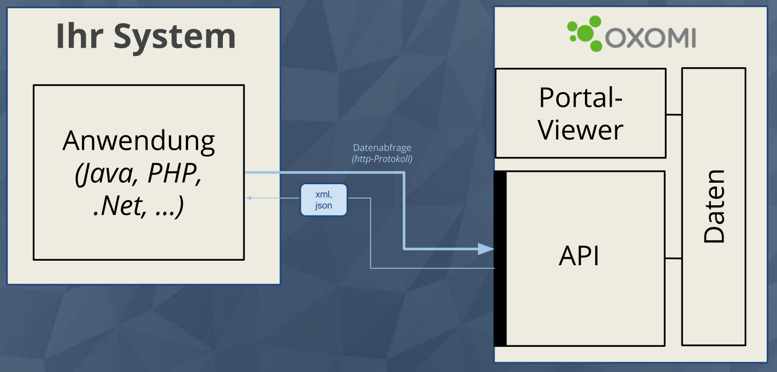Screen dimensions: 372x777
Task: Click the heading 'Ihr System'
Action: tap(145, 36)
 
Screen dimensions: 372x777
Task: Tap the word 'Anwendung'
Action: tap(139, 141)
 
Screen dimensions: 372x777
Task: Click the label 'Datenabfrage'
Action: tap(382, 148)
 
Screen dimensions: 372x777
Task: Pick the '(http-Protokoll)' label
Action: tap(382, 159)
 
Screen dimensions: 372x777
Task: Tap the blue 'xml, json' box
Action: tap(324, 200)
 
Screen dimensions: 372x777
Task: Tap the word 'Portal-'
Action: tap(580, 97)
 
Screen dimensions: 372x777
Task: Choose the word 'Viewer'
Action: tap(580, 129)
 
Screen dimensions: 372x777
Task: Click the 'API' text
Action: tap(579, 256)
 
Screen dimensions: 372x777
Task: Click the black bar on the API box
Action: tap(500, 259)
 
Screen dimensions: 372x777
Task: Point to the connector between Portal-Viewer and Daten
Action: tap(674, 114)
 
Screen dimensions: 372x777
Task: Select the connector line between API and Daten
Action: tap(673, 258)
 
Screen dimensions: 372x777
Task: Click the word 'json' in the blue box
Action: tap(324, 206)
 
